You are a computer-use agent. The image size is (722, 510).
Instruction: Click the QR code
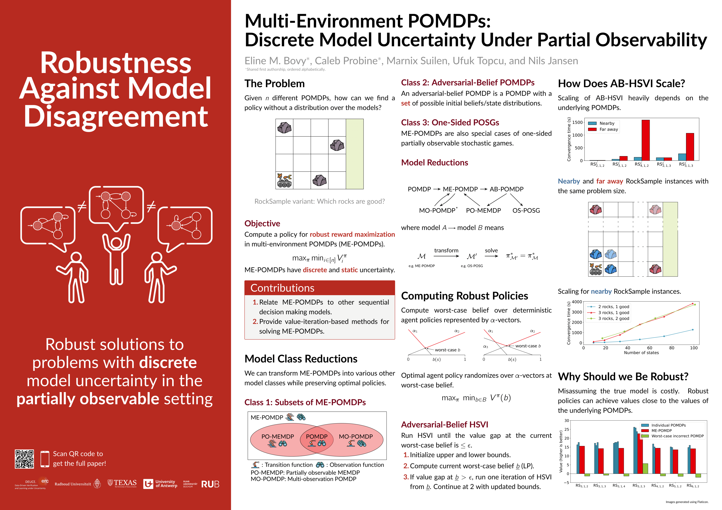coord(24,459)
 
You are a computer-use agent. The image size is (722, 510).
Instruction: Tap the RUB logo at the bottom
coord(210,484)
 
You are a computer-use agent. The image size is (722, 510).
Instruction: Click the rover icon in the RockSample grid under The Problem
coord(284,180)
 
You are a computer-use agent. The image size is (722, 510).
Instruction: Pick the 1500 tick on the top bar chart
coord(577,122)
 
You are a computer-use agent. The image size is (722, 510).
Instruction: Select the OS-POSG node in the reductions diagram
coord(526,210)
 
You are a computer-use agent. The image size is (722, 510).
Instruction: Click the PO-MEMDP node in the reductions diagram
coord(483,210)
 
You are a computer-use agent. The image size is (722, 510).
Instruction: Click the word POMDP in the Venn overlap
coord(317,436)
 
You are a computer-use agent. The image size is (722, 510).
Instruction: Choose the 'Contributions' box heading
coord(282,288)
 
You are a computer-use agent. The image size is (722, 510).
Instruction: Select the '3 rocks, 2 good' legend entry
coord(613,318)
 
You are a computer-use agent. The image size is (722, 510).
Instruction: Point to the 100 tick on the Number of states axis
coord(694,348)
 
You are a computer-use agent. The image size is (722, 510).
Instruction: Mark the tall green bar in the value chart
coord(645,468)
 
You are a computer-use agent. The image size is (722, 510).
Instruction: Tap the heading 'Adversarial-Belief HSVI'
coord(445,425)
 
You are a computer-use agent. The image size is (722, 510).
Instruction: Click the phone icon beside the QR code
coord(45,459)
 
